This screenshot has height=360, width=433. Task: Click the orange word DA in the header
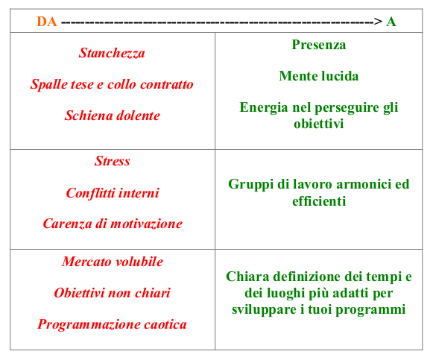(x=47, y=22)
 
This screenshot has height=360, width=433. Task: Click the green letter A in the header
(x=391, y=22)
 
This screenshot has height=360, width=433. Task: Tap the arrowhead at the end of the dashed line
(x=379, y=22)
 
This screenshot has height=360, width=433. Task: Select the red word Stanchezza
(x=112, y=53)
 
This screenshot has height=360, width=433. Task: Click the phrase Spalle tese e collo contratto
(x=112, y=84)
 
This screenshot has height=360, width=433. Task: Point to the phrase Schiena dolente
(x=112, y=116)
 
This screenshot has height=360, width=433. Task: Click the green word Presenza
(x=319, y=45)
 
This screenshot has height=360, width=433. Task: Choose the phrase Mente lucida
(x=319, y=76)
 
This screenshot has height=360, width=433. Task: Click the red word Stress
(x=112, y=162)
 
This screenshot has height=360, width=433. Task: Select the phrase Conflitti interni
(x=112, y=193)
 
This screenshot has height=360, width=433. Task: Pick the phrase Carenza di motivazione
(x=112, y=224)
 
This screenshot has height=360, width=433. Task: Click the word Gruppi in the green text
(x=249, y=184)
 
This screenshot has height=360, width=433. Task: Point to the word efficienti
(x=319, y=201)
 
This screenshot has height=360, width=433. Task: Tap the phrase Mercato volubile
(x=112, y=262)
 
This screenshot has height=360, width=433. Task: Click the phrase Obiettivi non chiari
(x=112, y=293)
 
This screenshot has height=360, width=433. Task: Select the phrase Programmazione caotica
(x=112, y=324)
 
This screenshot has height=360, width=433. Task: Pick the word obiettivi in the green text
(x=319, y=124)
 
